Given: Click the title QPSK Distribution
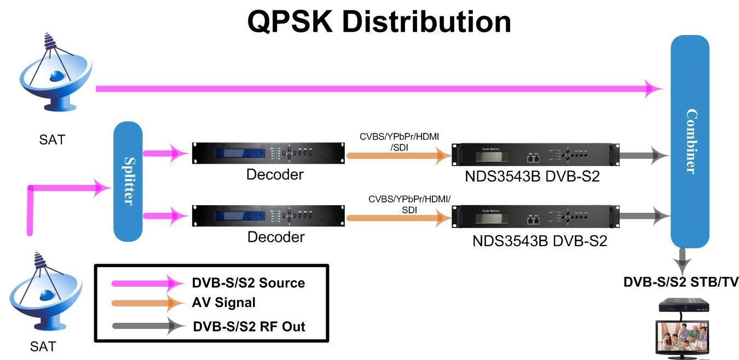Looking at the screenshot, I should pos(379,22).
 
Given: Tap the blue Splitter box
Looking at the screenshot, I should pos(128,181).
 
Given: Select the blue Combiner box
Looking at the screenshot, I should pos(690,141).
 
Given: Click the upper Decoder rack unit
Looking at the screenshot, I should pos(269,153).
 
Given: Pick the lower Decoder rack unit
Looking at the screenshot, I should pos(269,216).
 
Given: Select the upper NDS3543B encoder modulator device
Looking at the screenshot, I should pos(535,155).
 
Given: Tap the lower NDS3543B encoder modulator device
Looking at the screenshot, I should pos(535,217).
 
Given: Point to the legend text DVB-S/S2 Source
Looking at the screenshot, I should pos(248,283).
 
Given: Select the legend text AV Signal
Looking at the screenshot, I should pos(223,303).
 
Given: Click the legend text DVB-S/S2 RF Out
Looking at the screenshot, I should pos(249,327).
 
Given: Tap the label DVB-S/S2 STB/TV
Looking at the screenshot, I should pos(680,282).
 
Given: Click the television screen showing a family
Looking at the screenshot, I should pos(682,337).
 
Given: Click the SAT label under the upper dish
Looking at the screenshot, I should pos(52,140).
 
